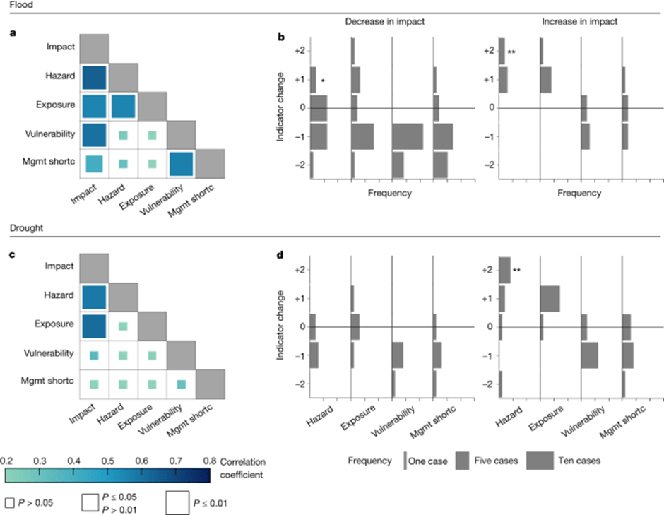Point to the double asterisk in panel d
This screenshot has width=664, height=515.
(517, 271)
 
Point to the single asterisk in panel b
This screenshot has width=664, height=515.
(323, 81)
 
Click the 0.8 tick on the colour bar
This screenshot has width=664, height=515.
(210, 461)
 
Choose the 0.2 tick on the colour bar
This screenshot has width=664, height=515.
(6, 461)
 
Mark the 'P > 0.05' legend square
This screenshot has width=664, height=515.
(9, 502)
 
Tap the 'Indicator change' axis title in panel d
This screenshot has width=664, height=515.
(280, 326)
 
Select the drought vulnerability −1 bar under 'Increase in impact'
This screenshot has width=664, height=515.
(589, 355)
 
